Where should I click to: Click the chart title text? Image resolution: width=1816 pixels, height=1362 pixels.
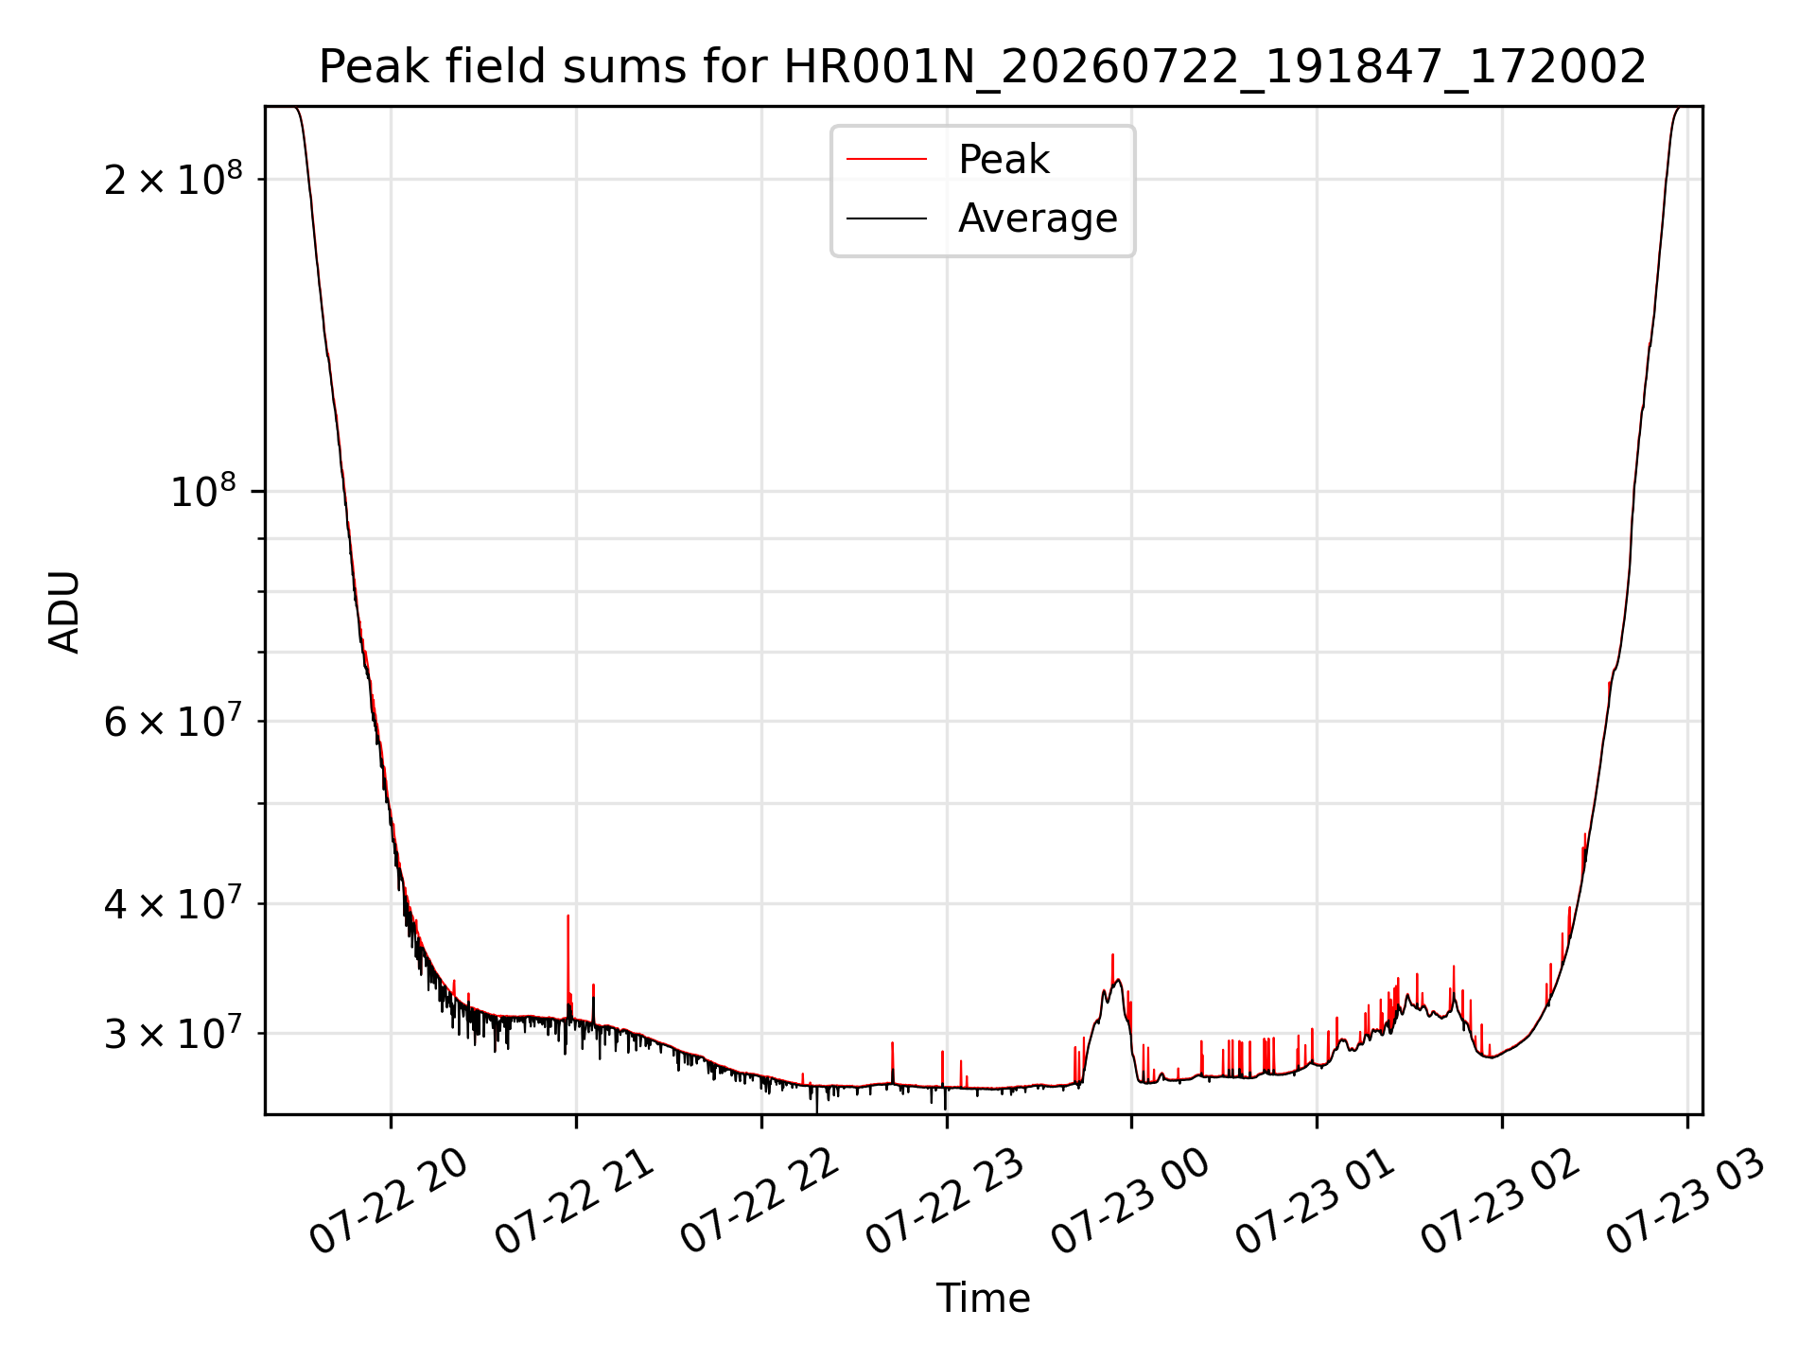click(x=983, y=67)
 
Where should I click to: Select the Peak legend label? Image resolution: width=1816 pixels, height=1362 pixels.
click(x=1004, y=159)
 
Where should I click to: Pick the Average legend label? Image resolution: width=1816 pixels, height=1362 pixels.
click(x=1038, y=218)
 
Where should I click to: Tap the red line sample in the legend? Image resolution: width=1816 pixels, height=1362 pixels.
click(x=886, y=159)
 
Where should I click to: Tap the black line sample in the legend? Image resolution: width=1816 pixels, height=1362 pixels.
click(x=886, y=218)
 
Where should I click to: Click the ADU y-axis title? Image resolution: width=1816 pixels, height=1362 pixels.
click(x=64, y=612)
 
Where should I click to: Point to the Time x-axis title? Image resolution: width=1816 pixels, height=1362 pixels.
click(x=983, y=1298)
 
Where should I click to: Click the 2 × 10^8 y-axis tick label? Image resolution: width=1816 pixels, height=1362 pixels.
click(x=173, y=178)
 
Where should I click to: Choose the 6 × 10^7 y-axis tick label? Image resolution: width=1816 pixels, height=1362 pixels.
click(x=173, y=721)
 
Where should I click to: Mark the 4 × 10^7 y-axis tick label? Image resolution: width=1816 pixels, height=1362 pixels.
click(x=173, y=903)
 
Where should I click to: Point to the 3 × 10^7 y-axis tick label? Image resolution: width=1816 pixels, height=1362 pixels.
click(x=173, y=1033)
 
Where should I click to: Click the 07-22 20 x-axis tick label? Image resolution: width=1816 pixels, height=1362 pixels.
click(x=390, y=1201)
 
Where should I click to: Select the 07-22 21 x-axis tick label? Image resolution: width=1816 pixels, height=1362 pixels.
click(x=575, y=1201)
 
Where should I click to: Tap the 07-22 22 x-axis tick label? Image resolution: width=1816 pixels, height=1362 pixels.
click(x=760, y=1201)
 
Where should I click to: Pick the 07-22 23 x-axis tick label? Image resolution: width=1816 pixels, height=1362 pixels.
click(x=946, y=1201)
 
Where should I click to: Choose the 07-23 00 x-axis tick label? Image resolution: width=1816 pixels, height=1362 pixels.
click(x=1131, y=1201)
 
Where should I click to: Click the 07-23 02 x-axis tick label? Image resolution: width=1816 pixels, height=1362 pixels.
click(x=1502, y=1201)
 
